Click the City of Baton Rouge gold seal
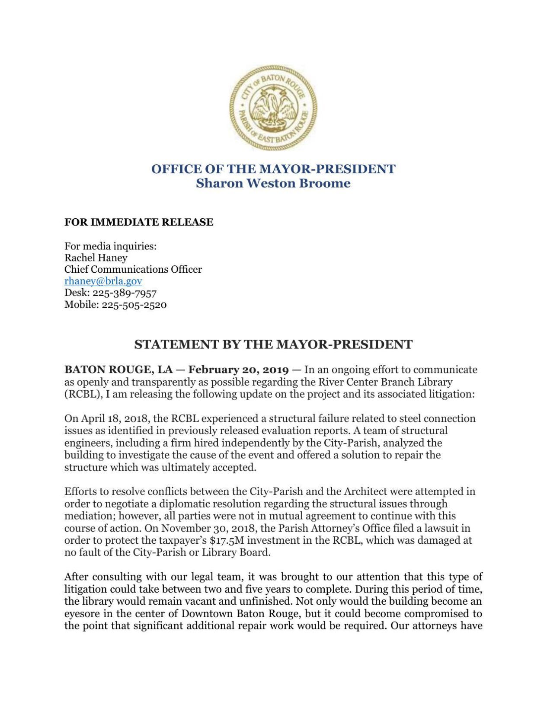[273, 108]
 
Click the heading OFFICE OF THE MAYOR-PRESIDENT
[273, 169]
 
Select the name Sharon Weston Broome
[273, 183]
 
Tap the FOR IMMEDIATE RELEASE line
[139, 222]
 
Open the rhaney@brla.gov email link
[103, 281]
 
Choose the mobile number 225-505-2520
[134, 304]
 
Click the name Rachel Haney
[96, 258]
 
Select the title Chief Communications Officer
[133, 269]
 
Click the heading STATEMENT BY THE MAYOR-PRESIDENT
[273, 344]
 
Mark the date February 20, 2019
[238, 370]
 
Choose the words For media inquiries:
[110, 246]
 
